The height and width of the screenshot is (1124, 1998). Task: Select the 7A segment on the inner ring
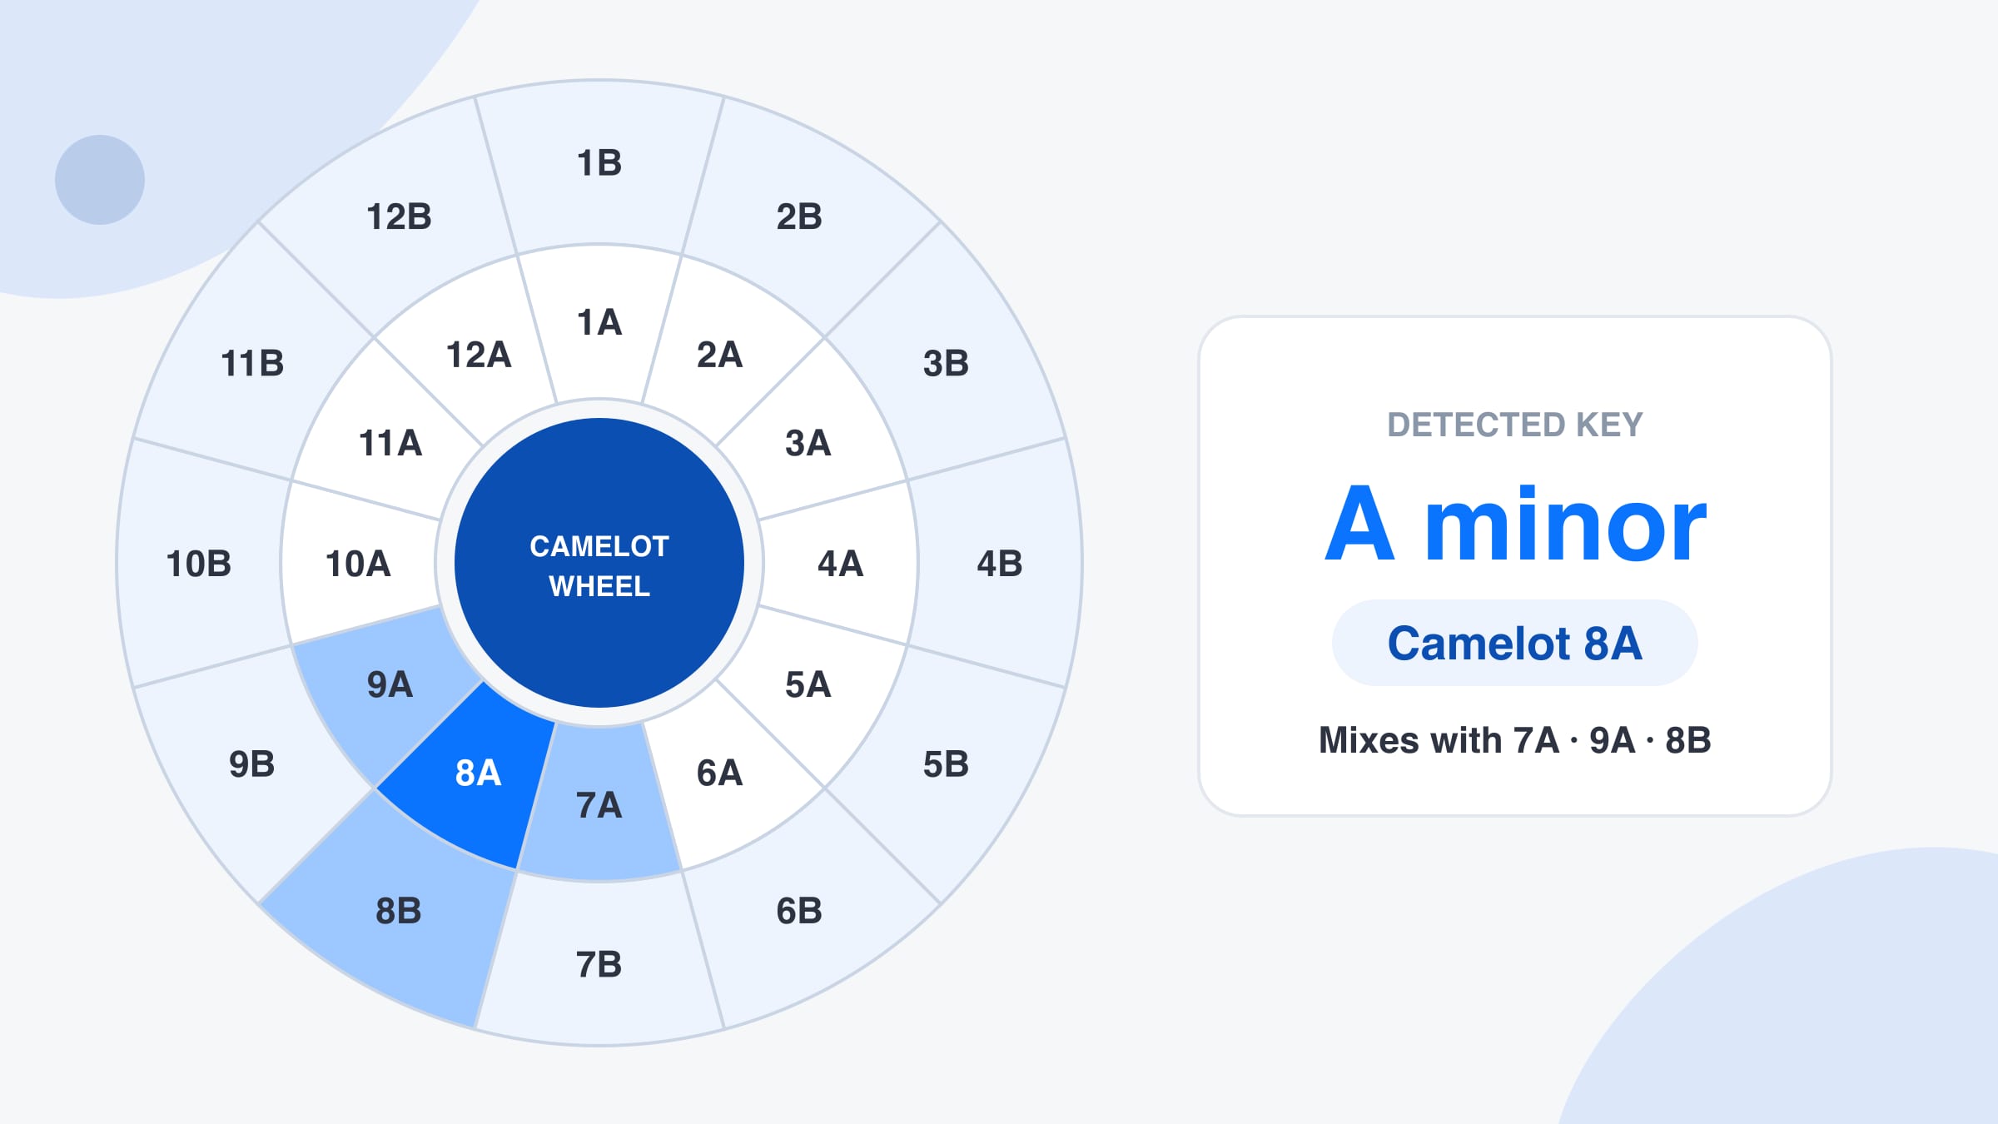[x=599, y=803]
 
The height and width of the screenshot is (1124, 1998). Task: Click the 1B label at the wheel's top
[x=599, y=163]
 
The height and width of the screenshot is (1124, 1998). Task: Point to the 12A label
[x=479, y=355]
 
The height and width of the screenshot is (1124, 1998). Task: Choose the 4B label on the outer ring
[x=1000, y=564]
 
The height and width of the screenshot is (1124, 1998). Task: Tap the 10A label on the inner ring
[x=358, y=564]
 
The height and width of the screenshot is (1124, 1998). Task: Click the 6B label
[x=799, y=911]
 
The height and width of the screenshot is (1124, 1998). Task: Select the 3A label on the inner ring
[x=808, y=443]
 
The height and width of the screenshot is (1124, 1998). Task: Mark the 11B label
[x=252, y=363]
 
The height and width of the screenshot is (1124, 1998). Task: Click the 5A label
[x=808, y=684]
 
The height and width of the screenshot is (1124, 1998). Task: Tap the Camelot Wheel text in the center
[x=599, y=566]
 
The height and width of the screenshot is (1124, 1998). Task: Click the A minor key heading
[x=1516, y=525]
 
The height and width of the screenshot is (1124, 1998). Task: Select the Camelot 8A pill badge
[x=1515, y=643]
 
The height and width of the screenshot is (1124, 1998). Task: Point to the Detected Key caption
[x=1515, y=425]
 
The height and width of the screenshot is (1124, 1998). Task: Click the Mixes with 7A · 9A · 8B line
[x=1515, y=740]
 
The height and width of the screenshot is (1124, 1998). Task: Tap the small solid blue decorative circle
[x=100, y=180]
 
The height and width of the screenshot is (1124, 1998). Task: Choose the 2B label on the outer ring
[x=799, y=216]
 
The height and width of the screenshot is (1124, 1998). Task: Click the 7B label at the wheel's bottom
[x=599, y=964]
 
